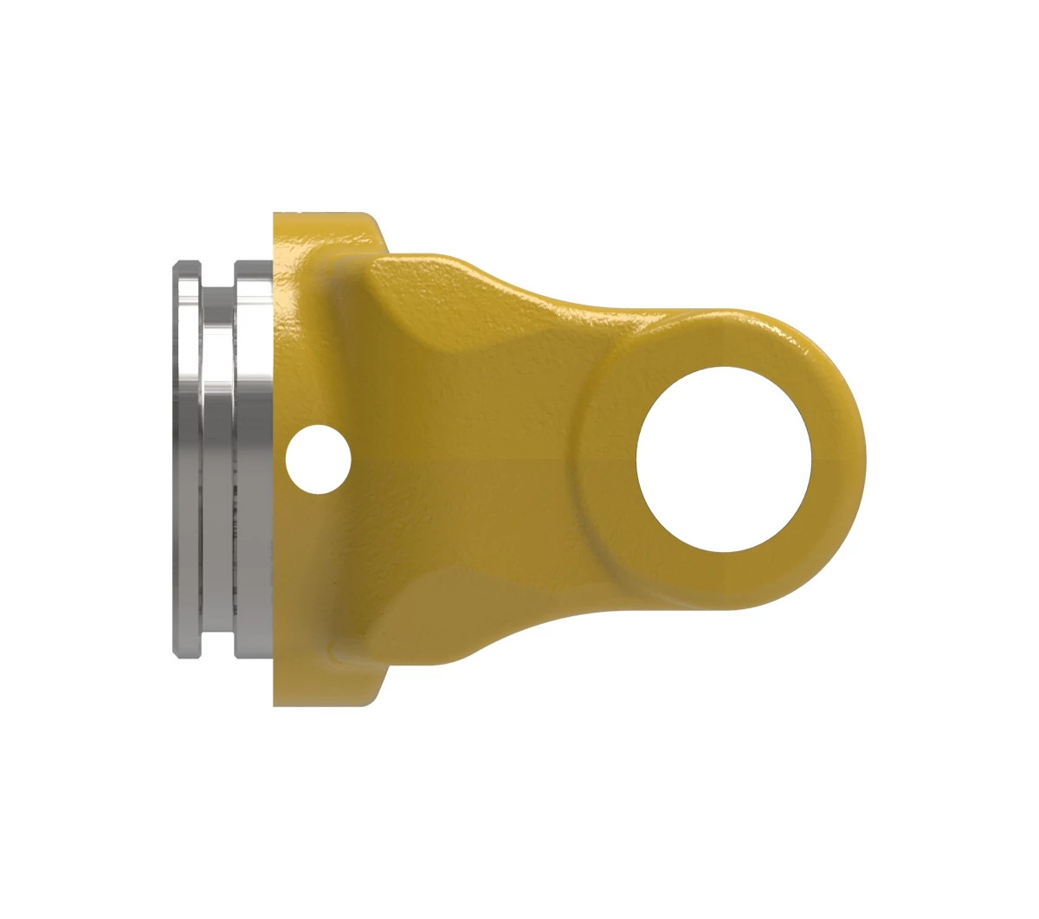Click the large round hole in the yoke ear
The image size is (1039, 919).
(724, 459)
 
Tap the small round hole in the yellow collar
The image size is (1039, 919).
(319, 459)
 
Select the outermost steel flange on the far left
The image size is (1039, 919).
(186, 459)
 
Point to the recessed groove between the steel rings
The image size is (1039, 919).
(216, 459)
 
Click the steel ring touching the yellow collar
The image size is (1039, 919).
(254, 459)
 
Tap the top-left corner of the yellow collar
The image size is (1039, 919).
(277, 216)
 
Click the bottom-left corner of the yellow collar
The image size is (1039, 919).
(277, 702)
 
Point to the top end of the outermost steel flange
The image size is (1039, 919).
(186, 264)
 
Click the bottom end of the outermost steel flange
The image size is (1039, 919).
(186, 654)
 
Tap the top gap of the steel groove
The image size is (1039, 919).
(216, 275)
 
